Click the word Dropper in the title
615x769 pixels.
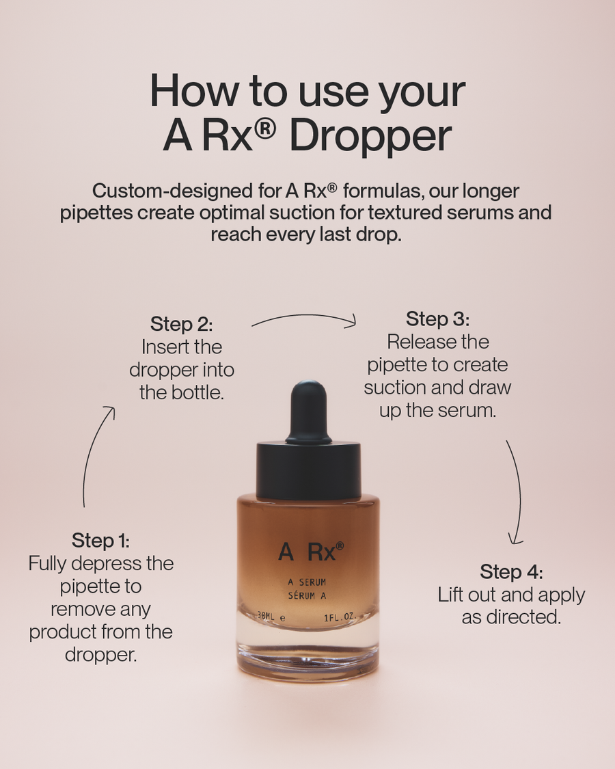click(x=370, y=135)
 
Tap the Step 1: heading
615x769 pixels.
click(x=100, y=540)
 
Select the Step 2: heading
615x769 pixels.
click(x=182, y=323)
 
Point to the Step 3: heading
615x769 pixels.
click(x=438, y=319)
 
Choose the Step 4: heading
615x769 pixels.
click(x=511, y=571)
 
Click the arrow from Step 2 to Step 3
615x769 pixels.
click(x=304, y=318)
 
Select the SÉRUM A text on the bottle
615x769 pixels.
click(x=307, y=595)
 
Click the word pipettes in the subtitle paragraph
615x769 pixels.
click(x=96, y=212)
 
